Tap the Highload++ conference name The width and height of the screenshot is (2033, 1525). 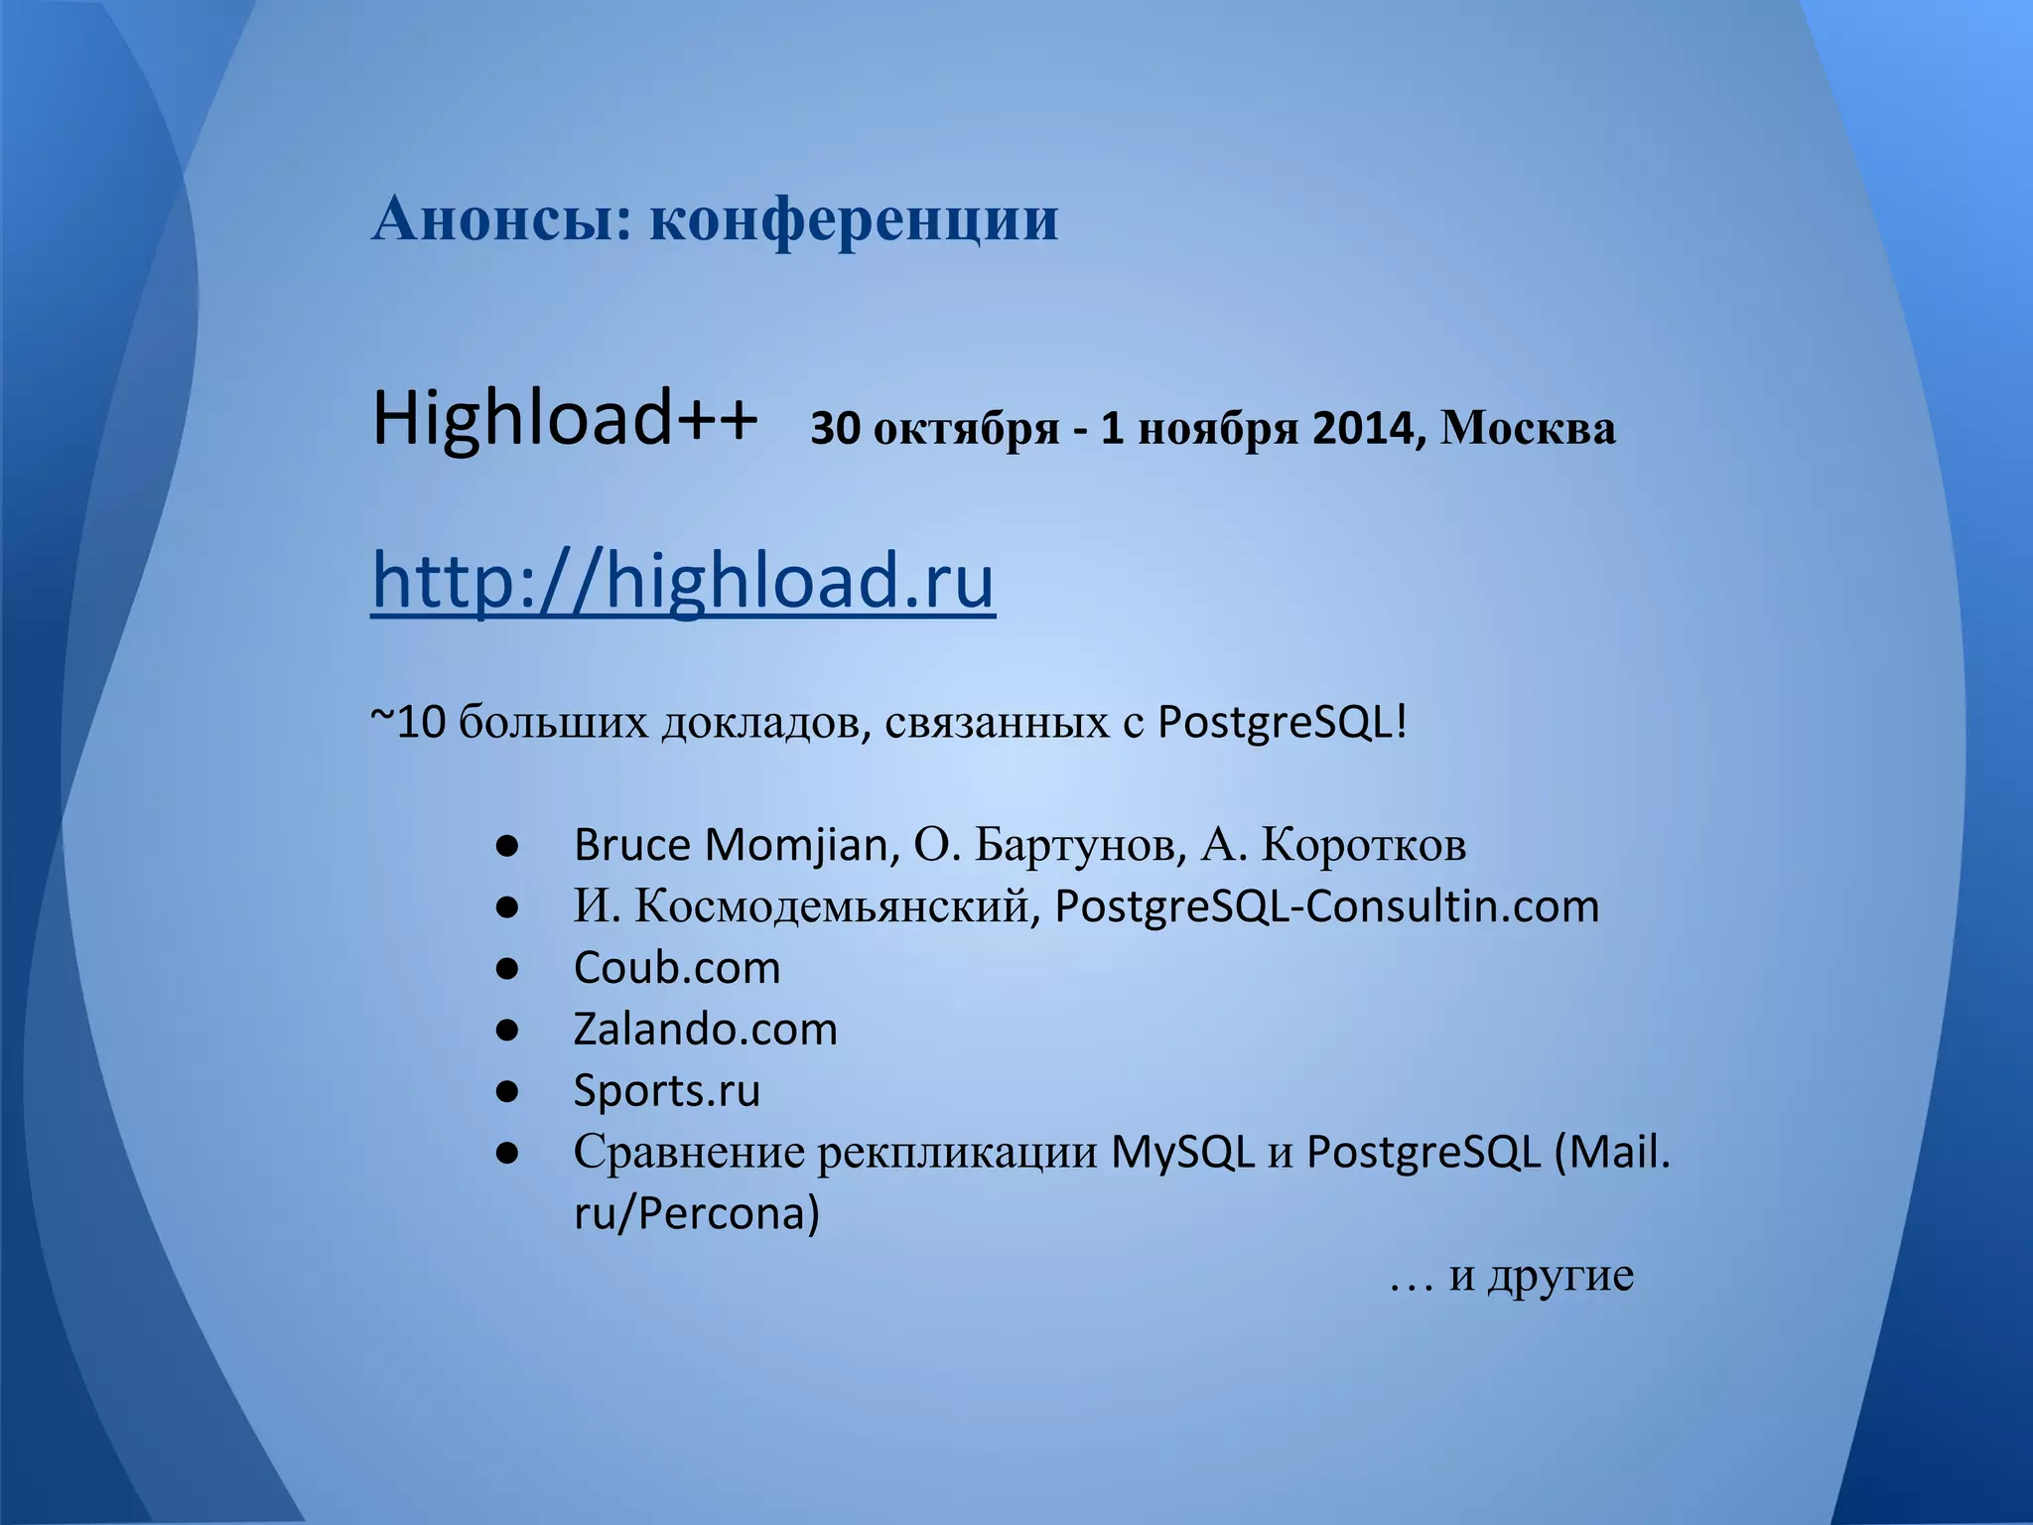(565, 419)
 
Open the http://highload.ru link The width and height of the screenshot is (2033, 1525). (683, 581)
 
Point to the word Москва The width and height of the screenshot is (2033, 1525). (1528, 429)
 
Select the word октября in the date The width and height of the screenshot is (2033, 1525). (966, 429)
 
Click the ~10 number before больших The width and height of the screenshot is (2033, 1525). (409, 723)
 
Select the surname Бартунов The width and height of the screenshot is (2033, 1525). (1080, 845)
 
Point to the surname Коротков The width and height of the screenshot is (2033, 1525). (1363, 845)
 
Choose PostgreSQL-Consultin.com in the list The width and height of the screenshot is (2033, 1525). (1326, 906)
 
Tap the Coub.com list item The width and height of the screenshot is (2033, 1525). (677, 968)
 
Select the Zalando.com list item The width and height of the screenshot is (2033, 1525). (706, 1030)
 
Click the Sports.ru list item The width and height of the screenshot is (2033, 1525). (667, 1091)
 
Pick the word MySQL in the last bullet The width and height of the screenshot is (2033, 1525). (1182, 1152)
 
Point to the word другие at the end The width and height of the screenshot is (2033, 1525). (1560, 1275)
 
